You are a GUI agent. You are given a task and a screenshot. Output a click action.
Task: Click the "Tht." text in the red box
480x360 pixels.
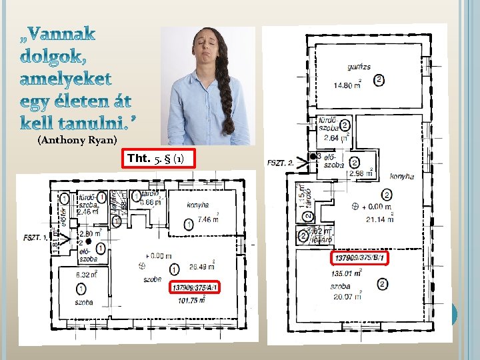139,159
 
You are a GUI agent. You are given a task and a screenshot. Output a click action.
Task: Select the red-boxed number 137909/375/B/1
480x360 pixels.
360,257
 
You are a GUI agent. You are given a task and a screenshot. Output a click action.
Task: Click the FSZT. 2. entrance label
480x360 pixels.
281,162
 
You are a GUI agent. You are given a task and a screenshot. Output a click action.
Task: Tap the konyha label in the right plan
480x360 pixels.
402,176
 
